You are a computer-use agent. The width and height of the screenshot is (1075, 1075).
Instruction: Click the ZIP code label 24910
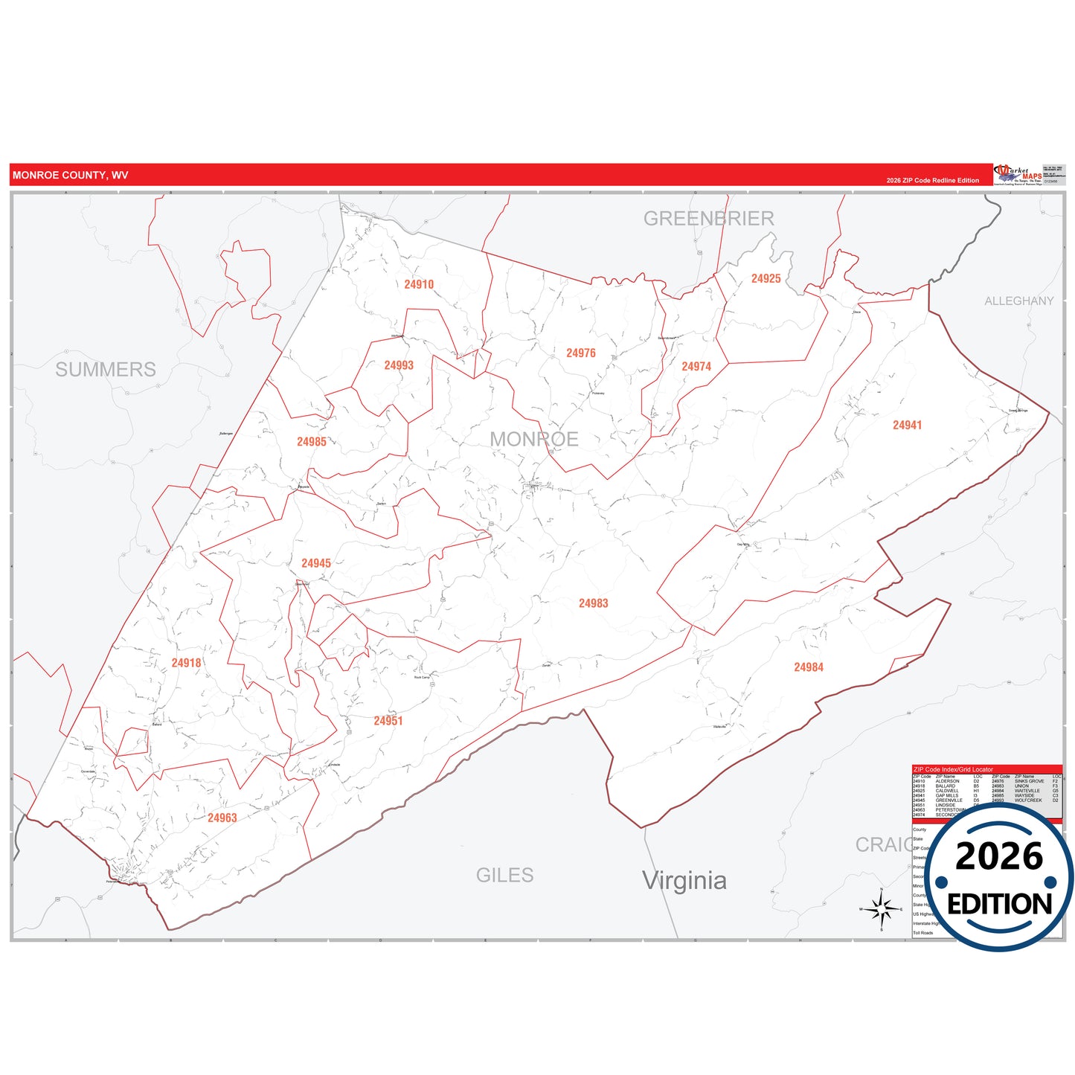click(x=419, y=284)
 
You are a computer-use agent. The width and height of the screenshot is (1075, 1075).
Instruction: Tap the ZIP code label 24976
click(x=580, y=353)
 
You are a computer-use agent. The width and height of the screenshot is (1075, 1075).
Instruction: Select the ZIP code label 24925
click(x=766, y=279)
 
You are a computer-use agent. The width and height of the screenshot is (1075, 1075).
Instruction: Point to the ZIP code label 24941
click(x=907, y=426)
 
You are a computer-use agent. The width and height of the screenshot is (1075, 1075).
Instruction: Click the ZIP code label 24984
click(x=808, y=667)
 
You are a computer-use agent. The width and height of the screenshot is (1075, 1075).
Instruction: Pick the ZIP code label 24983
click(x=593, y=603)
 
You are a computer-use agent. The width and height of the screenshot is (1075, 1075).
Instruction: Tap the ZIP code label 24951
click(x=388, y=721)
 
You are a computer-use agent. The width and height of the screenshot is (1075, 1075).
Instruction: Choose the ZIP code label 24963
click(x=222, y=818)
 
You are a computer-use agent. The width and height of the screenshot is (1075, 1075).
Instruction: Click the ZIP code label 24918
click(x=186, y=663)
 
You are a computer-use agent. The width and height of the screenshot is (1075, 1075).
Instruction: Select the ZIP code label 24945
click(x=316, y=563)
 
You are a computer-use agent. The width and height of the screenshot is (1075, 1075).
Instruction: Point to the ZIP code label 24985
click(x=311, y=442)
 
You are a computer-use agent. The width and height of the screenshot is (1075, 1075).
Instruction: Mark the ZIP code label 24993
click(x=399, y=365)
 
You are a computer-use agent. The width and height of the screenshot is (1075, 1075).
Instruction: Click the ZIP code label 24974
click(x=696, y=367)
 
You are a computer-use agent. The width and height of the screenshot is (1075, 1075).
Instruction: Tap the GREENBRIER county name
click(x=708, y=219)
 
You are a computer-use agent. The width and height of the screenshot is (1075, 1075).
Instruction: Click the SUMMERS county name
click(x=106, y=370)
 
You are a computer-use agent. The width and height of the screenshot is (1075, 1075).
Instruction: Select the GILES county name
click(x=504, y=876)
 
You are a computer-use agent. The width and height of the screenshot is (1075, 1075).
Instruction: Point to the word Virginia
click(x=684, y=881)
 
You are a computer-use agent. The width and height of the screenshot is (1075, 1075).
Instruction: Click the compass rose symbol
click(x=882, y=909)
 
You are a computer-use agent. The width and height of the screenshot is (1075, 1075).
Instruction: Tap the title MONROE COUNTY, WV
click(x=70, y=176)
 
